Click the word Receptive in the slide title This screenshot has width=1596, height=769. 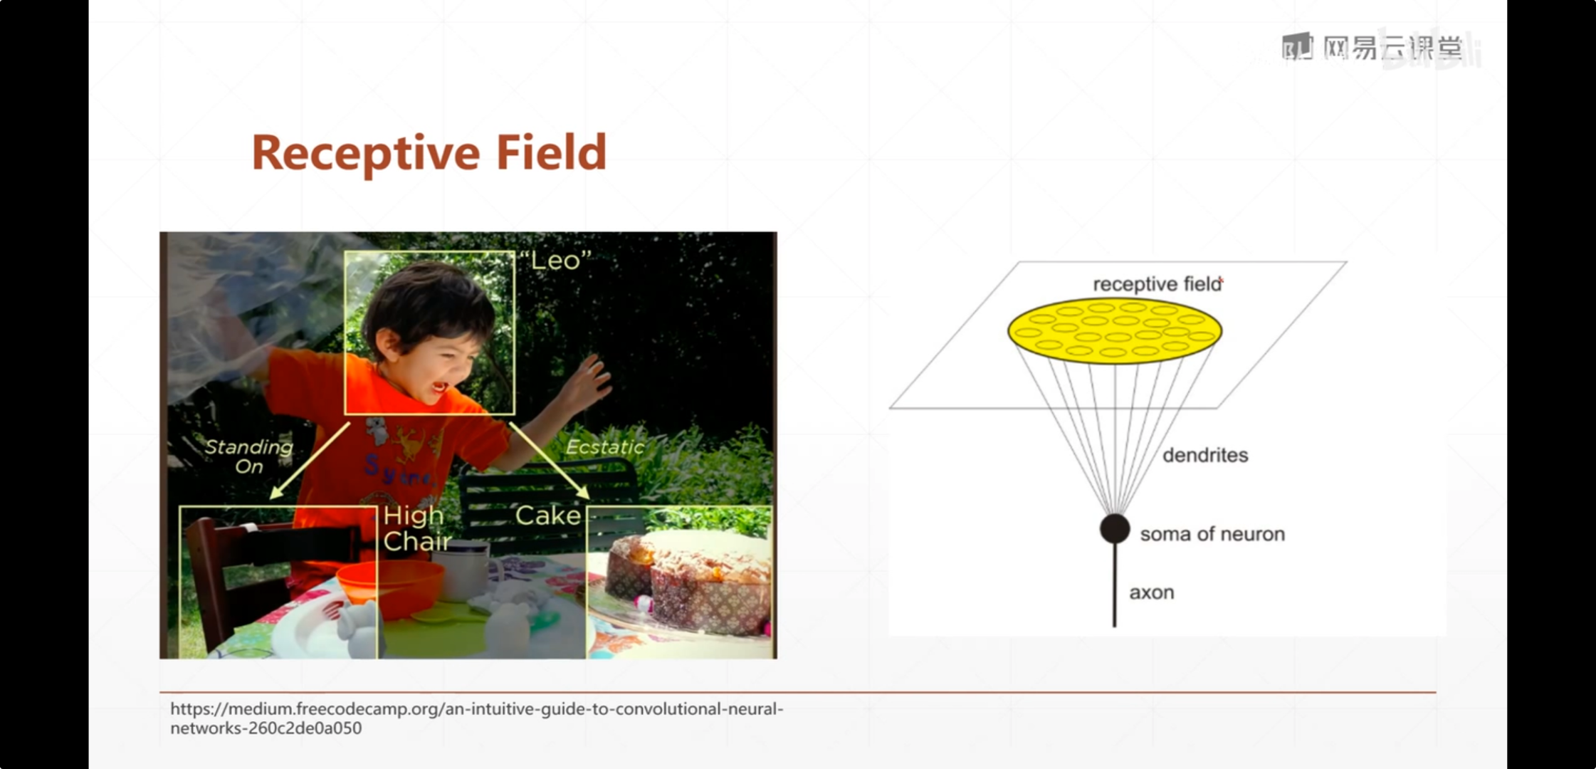coord(366,154)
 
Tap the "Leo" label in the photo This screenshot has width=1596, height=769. coord(555,261)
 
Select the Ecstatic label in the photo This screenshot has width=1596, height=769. coord(604,447)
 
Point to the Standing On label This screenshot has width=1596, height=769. coord(249,456)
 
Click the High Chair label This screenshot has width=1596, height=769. coord(416,528)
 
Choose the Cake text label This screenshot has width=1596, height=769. coord(548,516)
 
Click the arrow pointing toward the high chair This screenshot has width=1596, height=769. coord(310,461)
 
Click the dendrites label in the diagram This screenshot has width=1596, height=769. coord(1205,456)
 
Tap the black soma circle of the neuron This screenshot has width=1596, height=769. coord(1115,529)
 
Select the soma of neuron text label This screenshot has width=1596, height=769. coord(1212,534)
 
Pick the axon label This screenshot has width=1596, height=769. coord(1152,592)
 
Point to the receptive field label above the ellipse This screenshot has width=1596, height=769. coord(1157,284)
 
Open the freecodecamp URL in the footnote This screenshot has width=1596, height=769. coord(476,718)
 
